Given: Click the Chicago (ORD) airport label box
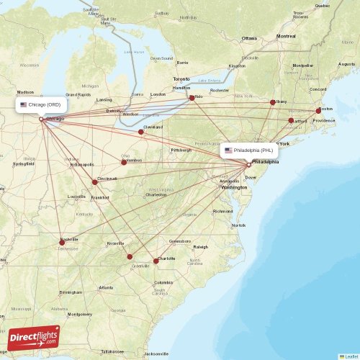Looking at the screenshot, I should click(x=42, y=104).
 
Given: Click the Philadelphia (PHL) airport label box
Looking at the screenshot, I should click(x=249, y=150).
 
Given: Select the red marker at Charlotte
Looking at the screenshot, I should click(x=156, y=261).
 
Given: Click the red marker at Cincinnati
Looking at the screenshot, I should click(x=94, y=182).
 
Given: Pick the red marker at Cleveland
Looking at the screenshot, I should click(x=140, y=132).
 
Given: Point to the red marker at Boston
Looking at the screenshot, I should click(x=319, y=111).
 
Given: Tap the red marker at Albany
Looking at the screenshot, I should click(x=273, y=102).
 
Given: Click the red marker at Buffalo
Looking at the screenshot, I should click(x=192, y=98).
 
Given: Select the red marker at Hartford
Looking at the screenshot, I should click(x=291, y=121).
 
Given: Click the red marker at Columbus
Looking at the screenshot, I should click(x=124, y=162).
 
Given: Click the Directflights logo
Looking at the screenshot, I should click(x=35, y=337).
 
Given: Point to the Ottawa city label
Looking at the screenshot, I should click(x=249, y=38).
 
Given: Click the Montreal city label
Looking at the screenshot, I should click(x=286, y=35).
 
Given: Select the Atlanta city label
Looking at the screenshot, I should click(x=106, y=287).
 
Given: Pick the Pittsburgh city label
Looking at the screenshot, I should click(x=181, y=150).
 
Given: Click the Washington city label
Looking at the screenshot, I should click(x=234, y=187).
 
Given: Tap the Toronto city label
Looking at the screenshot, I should click(x=181, y=78).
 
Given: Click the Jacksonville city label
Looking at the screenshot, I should click(x=156, y=354).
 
